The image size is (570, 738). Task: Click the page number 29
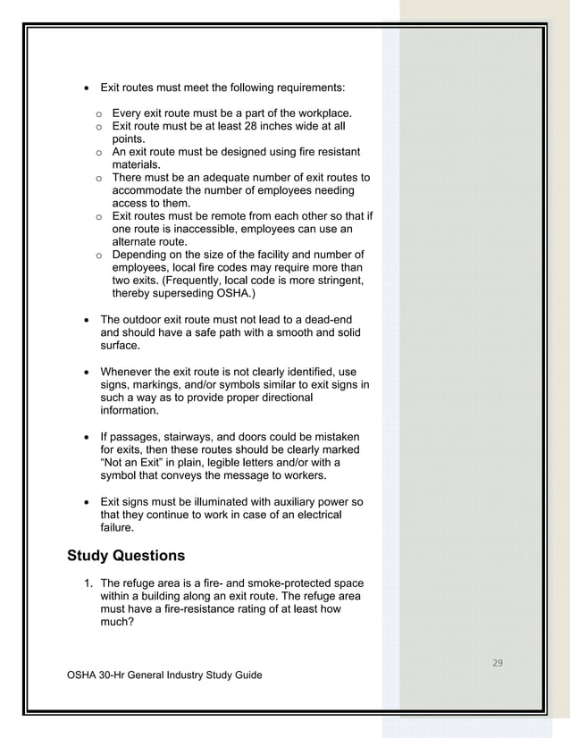(498, 662)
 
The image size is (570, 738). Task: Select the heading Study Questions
(126, 556)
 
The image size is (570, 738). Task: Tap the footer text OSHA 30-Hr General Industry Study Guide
(164, 675)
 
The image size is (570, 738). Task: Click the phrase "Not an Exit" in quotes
(130, 463)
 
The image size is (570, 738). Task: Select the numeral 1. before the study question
(88, 583)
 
